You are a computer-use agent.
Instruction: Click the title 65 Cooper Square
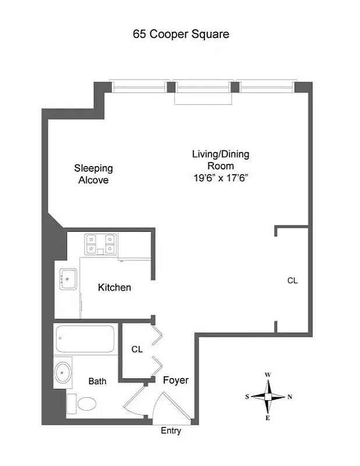coord(181,34)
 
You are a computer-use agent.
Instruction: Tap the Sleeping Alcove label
coord(93,174)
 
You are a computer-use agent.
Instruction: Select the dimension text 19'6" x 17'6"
coord(221,179)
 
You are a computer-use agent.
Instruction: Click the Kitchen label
coord(114,288)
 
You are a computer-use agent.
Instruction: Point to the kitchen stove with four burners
coord(100,244)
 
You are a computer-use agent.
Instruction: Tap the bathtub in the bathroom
coord(85,337)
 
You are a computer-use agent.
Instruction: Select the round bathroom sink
coord(62,372)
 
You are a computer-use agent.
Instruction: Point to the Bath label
coord(97,382)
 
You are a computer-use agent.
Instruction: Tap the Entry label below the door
coord(171,431)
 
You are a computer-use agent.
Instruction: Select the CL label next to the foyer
coord(137,349)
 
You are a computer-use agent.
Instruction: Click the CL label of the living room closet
coord(292,280)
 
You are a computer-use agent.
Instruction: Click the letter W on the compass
coord(267,375)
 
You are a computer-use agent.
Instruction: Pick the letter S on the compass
coord(247,397)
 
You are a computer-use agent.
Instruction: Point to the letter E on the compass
coord(267,418)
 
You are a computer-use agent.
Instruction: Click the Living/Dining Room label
coord(221,160)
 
